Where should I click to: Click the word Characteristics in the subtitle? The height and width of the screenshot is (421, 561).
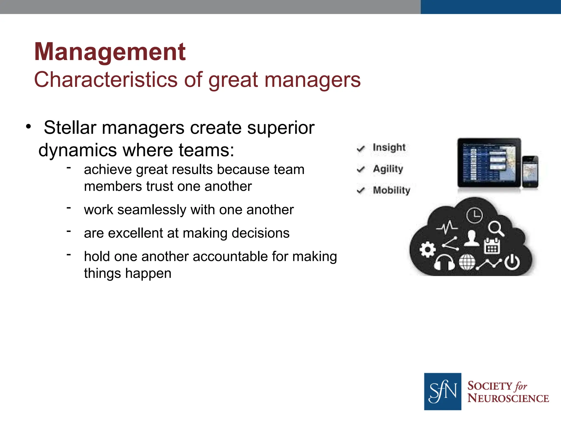pos(106,80)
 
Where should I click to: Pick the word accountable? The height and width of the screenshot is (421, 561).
pos(218,257)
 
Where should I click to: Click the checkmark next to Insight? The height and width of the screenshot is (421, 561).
pos(361,149)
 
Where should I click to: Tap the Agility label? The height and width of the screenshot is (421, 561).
pos(388,169)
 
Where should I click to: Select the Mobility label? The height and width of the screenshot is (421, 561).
pos(391,190)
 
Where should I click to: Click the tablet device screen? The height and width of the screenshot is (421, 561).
pos(489,163)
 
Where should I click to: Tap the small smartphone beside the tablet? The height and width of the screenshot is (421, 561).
pos(530,172)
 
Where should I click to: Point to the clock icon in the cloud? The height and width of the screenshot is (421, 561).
pos(474,215)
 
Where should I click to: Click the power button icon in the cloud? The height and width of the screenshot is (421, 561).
pos(512,262)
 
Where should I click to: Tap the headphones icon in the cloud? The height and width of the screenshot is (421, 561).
pos(444,263)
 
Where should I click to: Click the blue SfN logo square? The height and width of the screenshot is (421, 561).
pos(442,391)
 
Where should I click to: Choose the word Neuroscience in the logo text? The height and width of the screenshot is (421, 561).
pos(508,398)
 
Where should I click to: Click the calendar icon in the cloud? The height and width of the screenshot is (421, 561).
pos(492,246)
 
